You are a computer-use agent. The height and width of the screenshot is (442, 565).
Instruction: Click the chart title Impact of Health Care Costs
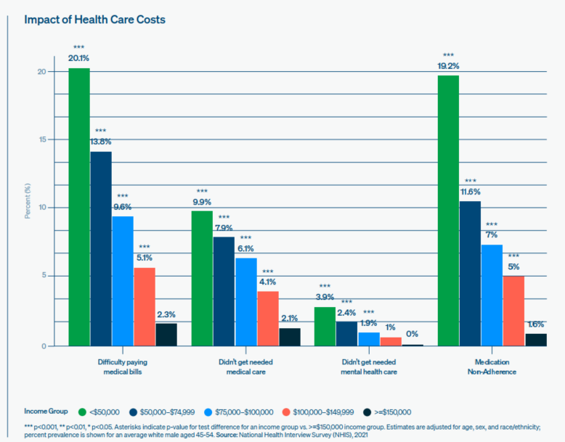[95, 19]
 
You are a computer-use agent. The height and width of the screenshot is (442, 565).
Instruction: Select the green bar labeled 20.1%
[79, 207]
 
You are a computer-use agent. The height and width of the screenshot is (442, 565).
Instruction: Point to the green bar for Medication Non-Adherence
[448, 210]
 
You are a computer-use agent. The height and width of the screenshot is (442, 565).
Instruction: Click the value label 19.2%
[448, 65]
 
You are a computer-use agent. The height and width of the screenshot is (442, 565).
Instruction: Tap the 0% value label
[412, 333]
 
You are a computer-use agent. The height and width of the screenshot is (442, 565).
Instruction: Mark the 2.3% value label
[166, 314]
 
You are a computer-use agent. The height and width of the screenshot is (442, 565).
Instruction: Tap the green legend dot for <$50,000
[84, 411]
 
